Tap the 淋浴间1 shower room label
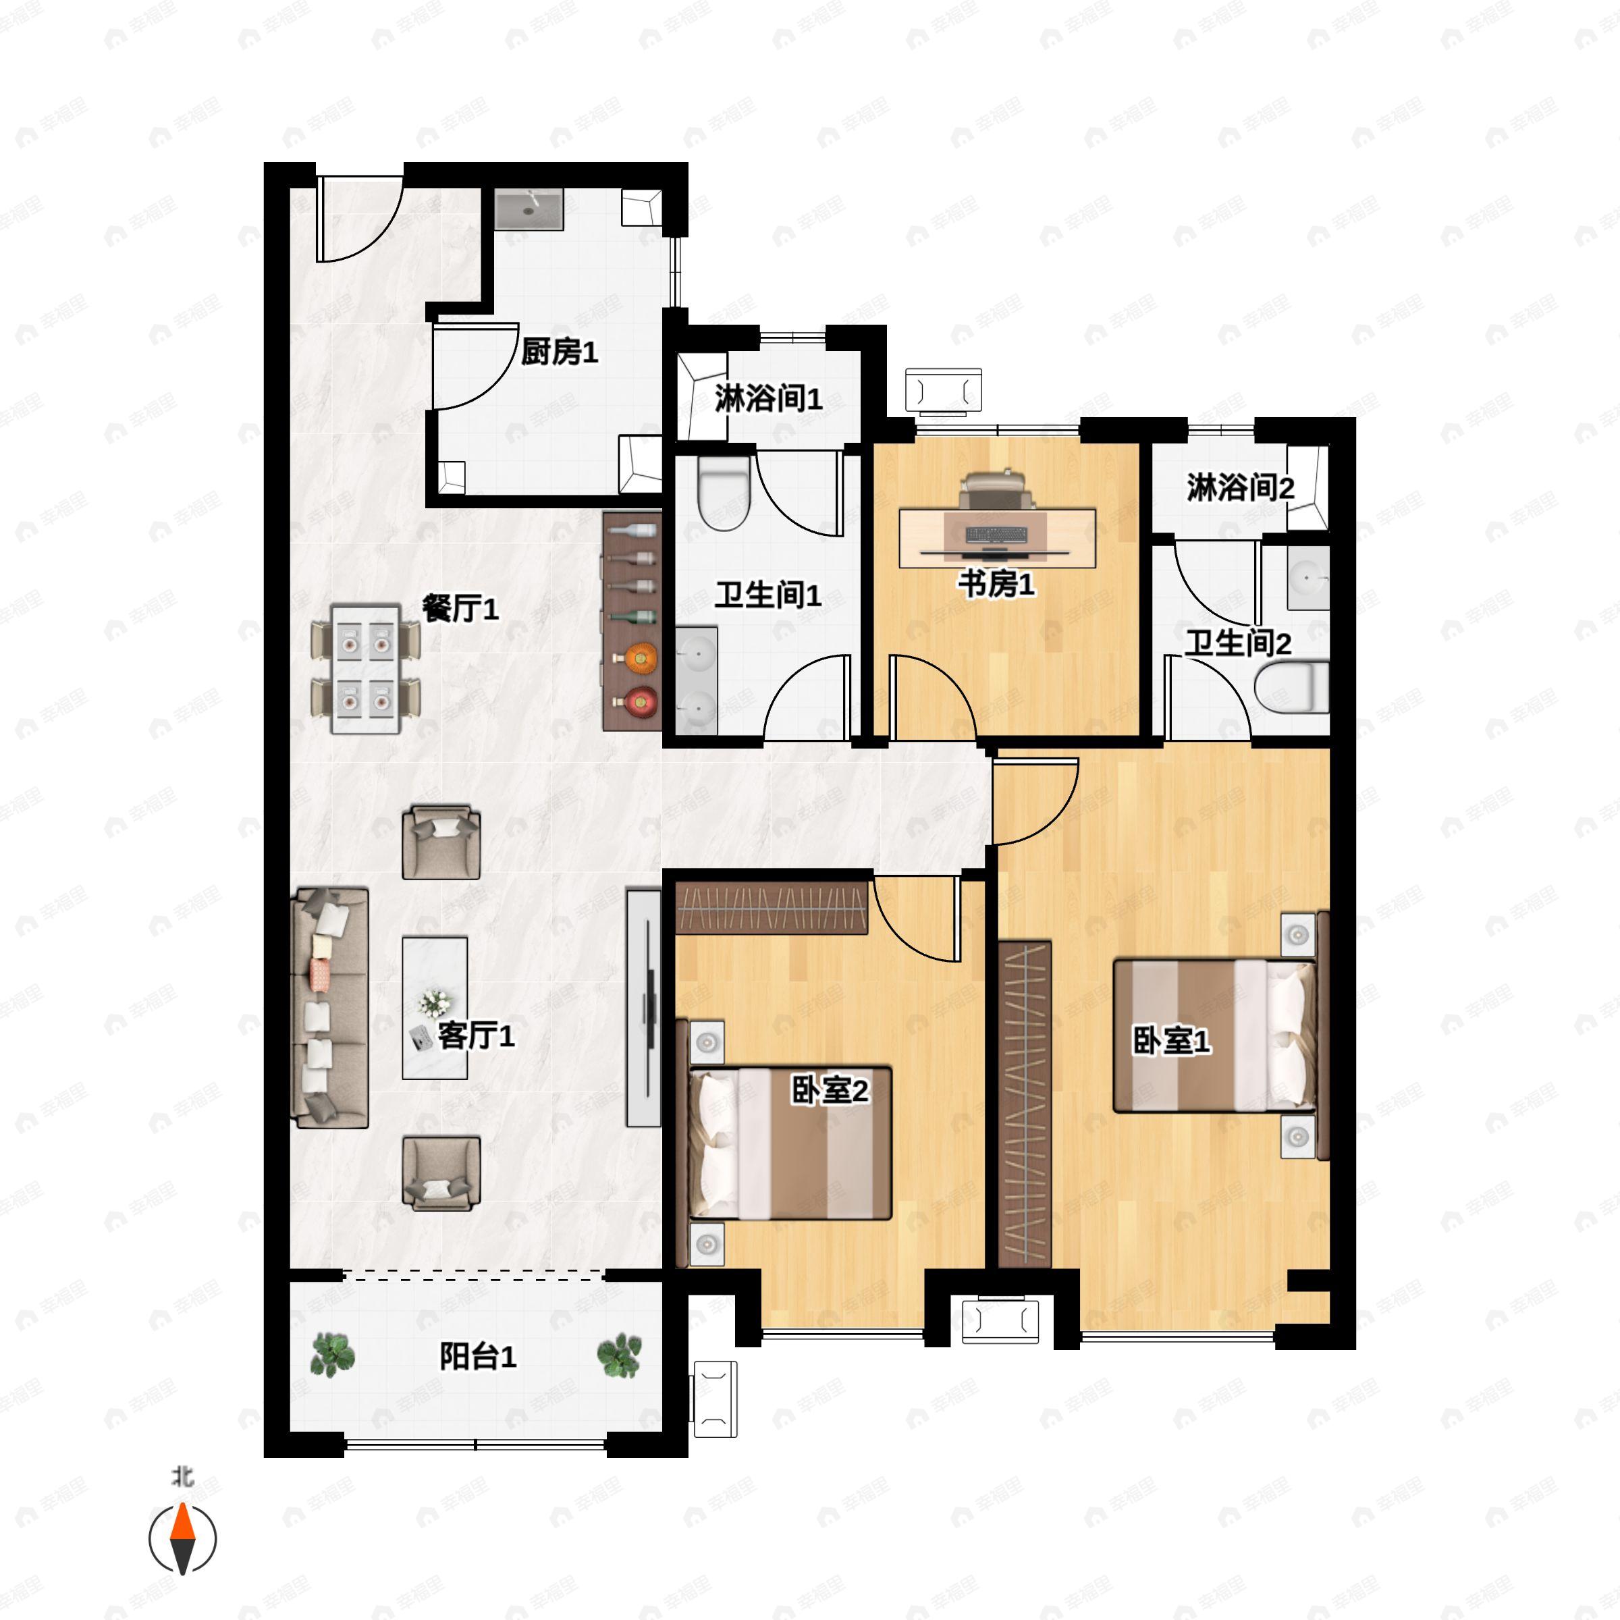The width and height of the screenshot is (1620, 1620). point(768,398)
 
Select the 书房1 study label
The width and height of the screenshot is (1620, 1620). point(996,584)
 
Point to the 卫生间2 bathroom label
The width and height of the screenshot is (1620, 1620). point(1238,643)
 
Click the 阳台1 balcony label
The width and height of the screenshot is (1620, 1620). point(478,1356)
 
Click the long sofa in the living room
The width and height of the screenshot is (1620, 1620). point(329,1007)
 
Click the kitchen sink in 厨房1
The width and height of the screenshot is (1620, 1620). point(529,209)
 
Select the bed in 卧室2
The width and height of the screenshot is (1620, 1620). point(789,1143)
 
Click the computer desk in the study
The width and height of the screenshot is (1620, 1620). point(998,537)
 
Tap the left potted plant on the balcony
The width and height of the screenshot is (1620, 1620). point(333,1355)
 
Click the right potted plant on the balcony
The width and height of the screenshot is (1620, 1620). point(619,1356)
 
